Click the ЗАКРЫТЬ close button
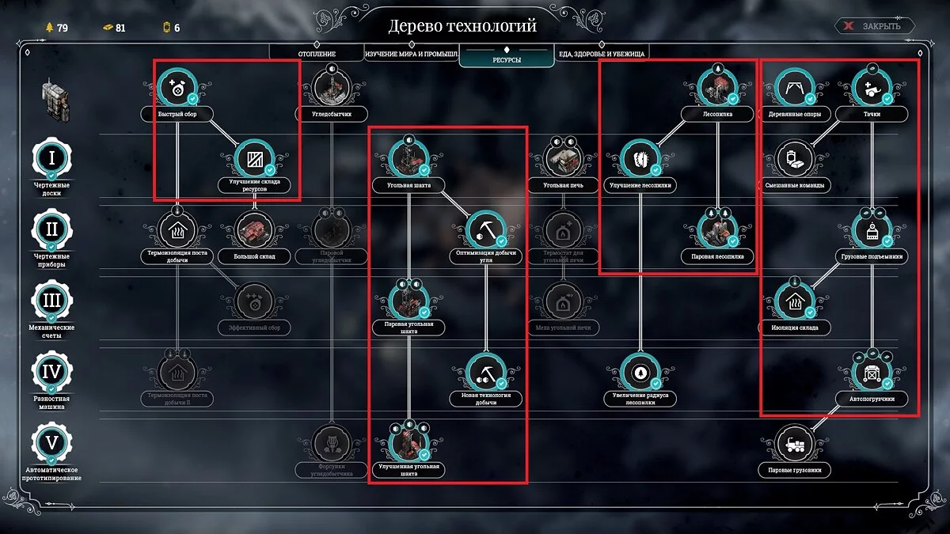coord(875,26)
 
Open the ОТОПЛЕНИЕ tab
coord(317,54)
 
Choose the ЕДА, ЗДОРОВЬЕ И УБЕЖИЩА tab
coord(602,54)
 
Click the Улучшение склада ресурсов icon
coord(255,157)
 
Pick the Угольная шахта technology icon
coord(408,157)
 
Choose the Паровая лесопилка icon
coord(717,229)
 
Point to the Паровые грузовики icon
coord(794,442)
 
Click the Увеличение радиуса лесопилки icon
coord(640,371)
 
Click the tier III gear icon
coord(51,300)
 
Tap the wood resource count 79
coord(57,28)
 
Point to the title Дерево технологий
coord(462,26)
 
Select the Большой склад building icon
coord(255,229)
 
